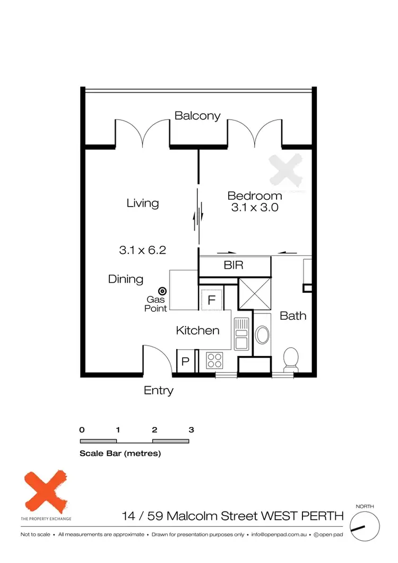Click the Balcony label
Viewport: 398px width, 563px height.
(x=197, y=116)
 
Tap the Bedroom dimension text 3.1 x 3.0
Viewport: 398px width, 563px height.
(x=255, y=208)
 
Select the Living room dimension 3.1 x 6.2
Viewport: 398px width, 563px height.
(x=143, y=250)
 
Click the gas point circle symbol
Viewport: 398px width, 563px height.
(x=162, y=291)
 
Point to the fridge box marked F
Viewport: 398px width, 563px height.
(x=211, y=300)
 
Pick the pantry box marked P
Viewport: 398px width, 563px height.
(x=185, y=362)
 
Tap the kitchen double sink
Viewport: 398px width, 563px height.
(x=241, y=334)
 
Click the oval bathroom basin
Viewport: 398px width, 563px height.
(x=262, y=336)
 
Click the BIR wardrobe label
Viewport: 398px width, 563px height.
(x=233, y=266)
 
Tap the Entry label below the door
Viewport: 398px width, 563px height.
(x=159, y=391)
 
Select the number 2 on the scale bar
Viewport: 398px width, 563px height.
(x=154, y=430)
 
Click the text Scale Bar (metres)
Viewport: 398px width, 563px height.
(x=120, y=454)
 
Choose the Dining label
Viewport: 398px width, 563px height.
(x=126, y=279)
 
